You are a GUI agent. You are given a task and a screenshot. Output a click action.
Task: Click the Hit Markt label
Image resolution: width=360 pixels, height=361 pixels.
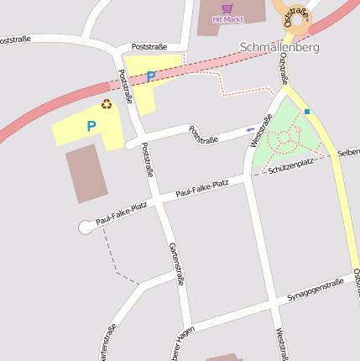pyautogui.click(x=227, y=19)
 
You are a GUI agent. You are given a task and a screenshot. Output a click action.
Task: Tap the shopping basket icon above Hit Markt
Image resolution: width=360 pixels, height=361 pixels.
pyautogui.click(x=227, y=8)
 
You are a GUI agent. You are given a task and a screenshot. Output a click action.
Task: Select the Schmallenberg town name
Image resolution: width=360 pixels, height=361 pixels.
pyautogui.click(x=279, y=47)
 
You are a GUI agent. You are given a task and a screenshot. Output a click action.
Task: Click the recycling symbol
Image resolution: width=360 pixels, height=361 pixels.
pyautogui.click(x=107, y=104)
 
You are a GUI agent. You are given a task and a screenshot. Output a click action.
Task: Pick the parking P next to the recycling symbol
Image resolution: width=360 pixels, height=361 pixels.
pyautogui.click(x=91, y=126)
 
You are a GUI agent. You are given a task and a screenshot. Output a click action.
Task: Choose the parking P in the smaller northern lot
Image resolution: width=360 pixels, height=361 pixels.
pyautogui.click(x=151, y=76)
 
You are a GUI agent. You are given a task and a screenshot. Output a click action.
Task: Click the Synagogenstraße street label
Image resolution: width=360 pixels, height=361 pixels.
pyautogui.click(x=316, y=290)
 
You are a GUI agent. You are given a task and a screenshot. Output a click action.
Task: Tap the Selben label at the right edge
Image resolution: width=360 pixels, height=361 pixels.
pyautogui.click(x=347, y=154)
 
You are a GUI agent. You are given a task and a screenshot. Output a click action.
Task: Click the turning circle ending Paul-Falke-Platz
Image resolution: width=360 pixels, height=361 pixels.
pyautogui.click(x=86, y=227)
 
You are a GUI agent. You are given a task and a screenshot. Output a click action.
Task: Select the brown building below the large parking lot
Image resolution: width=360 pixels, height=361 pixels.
pyautogui.click(x=86, y=173)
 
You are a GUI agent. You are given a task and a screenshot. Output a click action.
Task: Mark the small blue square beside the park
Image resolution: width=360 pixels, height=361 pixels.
pyautogui.click(x=307, y=111)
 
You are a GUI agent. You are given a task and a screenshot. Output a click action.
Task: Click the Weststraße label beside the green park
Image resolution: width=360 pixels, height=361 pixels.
pyautogui.click(x=261, y=131)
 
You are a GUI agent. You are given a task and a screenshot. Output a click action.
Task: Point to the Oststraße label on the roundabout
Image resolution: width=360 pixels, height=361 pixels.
pyautogui.click(x=296, y=14)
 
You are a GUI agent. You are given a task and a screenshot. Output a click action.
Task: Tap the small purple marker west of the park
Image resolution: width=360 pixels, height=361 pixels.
pyautogui.click(x=250, y=128)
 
